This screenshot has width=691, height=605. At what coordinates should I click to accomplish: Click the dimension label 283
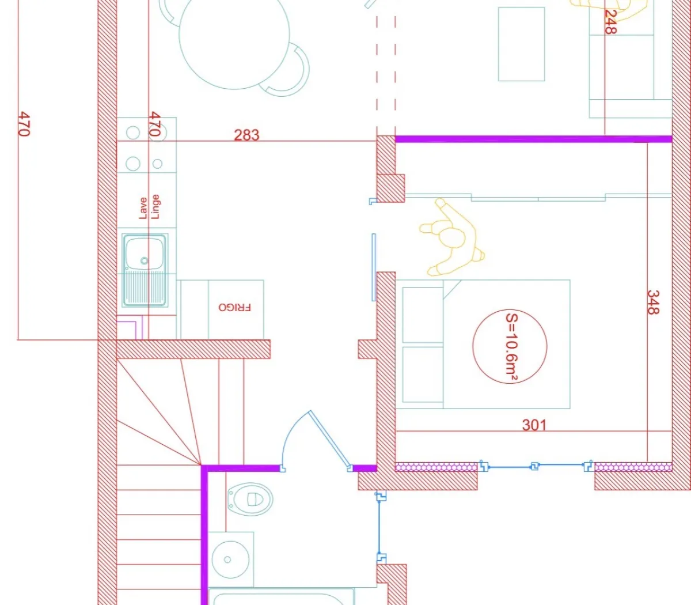click(x=246, y=135)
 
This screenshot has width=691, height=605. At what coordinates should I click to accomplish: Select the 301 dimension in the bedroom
click(x=534, y=425)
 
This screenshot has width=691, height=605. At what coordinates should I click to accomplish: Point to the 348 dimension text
click(x=653, y=302)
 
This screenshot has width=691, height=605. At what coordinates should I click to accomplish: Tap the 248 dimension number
click(x=610, y=22)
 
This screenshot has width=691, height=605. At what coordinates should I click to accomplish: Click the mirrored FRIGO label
click(x=234, y=308)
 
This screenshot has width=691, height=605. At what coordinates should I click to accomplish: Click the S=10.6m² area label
click(x=510, y=346)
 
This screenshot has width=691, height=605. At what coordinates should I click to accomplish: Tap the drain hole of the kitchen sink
click(x=144, y=261)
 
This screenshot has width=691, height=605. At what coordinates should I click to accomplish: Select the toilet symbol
click(x=250, y=499)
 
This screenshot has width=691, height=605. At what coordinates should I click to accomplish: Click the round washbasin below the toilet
click(x=230, y=559)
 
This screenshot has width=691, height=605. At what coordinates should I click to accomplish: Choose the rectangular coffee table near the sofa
click(x=521, y=44)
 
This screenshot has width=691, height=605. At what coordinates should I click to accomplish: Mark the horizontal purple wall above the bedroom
click(x=533, y=139)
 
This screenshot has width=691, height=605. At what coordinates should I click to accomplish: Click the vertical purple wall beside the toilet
click(x=204, y=536)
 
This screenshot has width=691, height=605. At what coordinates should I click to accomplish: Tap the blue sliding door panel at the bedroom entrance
click(x=374, y=267)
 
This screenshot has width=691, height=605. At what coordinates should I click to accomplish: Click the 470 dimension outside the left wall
click(x=24, y=124)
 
